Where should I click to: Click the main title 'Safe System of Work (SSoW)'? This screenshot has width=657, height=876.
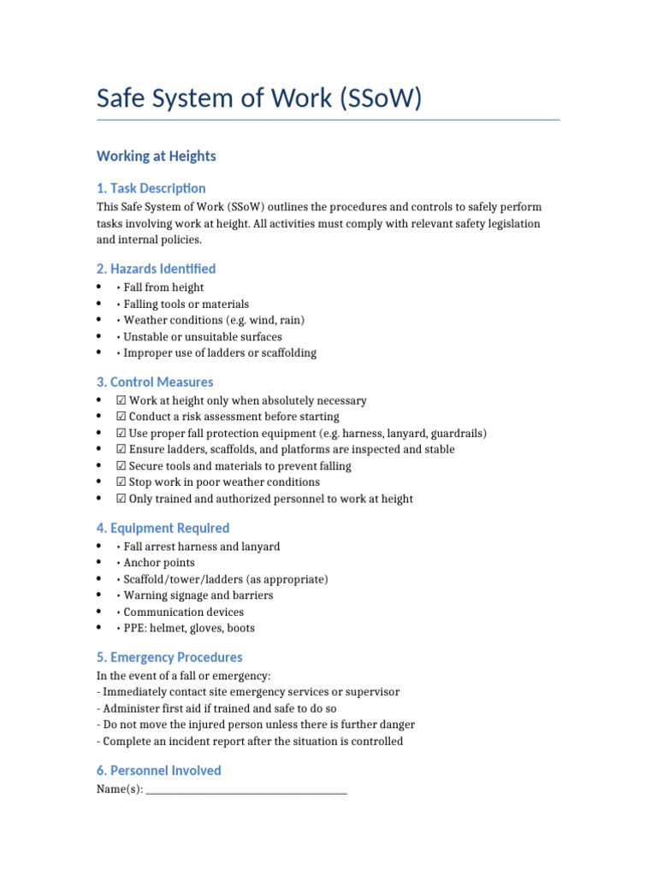(259, 98)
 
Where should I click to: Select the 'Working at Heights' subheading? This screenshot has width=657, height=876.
(157, 156)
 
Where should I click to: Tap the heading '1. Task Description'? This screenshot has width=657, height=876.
(151, 188)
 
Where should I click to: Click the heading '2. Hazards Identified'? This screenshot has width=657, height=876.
(157, 269)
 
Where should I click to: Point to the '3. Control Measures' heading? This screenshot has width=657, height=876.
(155, 382)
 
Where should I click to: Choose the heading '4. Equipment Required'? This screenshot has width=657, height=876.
(163, 528)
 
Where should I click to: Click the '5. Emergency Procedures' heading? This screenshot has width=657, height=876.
(169, 657)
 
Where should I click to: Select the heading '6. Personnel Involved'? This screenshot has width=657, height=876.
(159, 770)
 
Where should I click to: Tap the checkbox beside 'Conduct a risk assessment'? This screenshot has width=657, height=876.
(121, 417)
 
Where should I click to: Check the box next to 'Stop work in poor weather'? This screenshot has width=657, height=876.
(121, 482)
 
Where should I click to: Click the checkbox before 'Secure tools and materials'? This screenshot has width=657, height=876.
(121, 466)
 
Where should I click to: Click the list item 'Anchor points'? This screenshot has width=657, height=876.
(159, 563)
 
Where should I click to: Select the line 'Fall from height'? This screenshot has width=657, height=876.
(163, 287)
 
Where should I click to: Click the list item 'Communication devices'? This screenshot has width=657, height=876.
(183, 612)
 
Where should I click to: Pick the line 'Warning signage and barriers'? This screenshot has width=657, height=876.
(198, 595)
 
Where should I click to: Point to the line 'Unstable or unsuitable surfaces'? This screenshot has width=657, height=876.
(202, 336)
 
